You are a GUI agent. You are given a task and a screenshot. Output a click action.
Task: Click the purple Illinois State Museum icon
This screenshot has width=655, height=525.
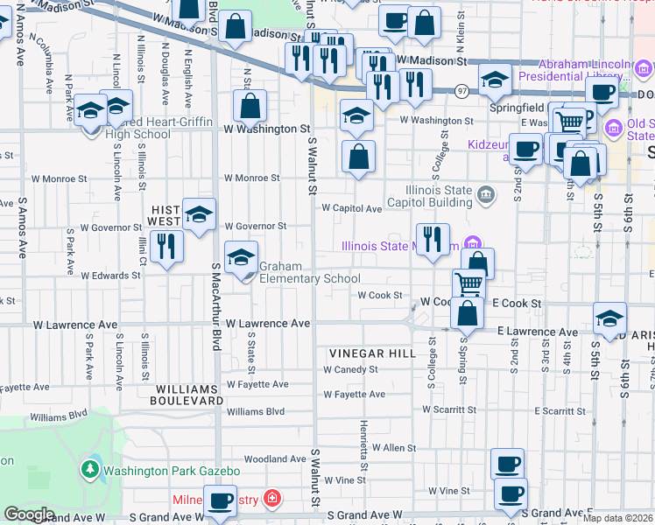coord(473,244)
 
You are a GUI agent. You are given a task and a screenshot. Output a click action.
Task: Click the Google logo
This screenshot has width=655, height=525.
coord(28,514)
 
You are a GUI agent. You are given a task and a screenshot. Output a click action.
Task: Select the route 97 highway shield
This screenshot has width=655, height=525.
coord(461,90)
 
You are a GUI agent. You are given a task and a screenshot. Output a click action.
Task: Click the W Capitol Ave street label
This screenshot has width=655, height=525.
coord(351,208)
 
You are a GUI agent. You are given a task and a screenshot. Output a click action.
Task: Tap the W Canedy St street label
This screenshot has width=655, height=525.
coord(349,369)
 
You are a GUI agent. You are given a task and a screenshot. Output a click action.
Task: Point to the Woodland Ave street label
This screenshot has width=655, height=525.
coord(275,458)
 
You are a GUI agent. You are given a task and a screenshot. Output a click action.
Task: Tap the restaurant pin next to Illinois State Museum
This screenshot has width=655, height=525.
coord(432,239)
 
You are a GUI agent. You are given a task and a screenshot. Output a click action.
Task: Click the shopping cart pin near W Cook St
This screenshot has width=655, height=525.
coord(469,283)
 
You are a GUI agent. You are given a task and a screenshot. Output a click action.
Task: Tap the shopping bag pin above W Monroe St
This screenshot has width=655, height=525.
coord(358,157)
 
